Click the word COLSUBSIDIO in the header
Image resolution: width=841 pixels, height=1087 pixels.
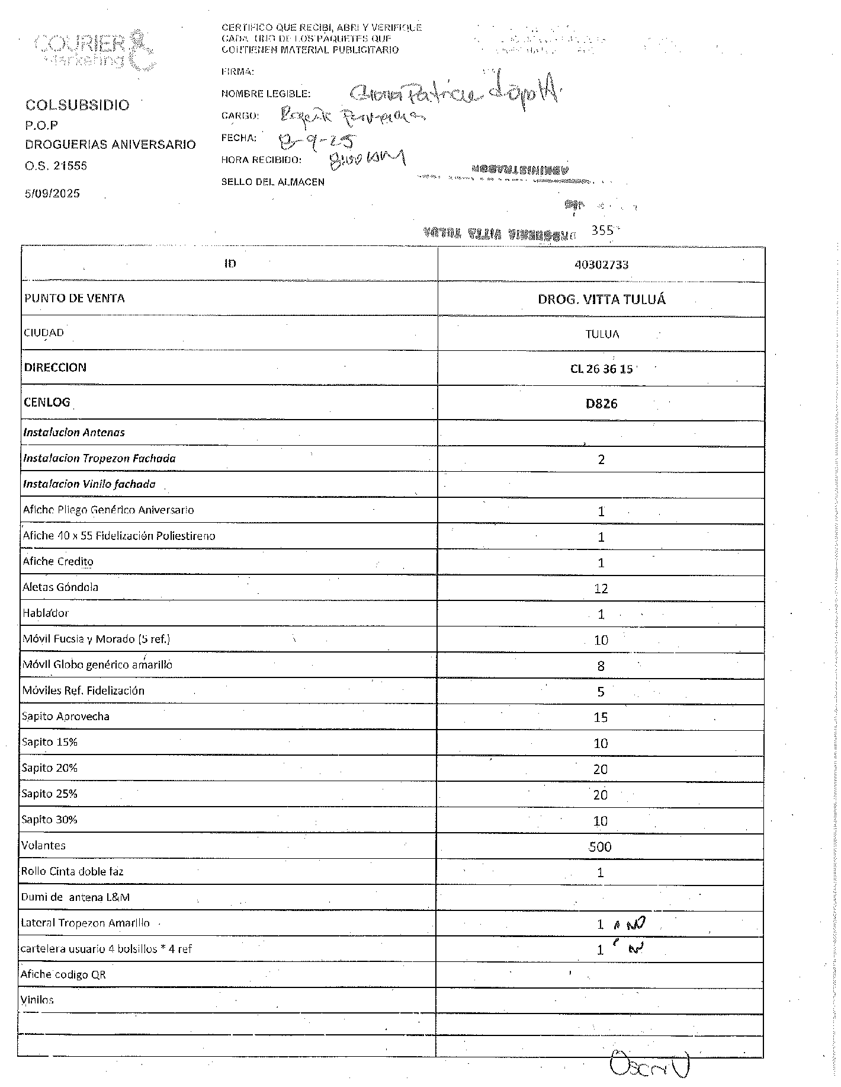coord(77,105)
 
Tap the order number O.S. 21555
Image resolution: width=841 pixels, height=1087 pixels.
coord(56,166)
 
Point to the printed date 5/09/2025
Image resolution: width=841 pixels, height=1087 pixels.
coord(52,194)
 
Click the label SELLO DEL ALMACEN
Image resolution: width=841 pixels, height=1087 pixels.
coord(272,182)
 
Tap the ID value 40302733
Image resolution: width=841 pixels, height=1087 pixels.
coord(601,264)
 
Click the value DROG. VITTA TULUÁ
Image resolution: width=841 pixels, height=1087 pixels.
coord(601,299)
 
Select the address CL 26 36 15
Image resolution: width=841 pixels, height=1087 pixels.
coord(601,369)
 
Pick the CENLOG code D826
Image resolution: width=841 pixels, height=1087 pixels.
coord(601,404)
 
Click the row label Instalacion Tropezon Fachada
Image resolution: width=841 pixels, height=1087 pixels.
coord(99,458)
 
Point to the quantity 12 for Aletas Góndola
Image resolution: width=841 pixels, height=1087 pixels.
coord(601,589)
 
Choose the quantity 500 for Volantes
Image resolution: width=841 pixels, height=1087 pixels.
coord(600,847)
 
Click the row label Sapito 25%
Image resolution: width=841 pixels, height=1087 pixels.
coord(49,794)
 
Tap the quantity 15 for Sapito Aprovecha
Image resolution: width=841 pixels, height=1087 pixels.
coord(601,718)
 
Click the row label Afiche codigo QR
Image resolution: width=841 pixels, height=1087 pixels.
coord(63,974)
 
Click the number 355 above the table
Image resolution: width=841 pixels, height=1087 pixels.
coord(602,230)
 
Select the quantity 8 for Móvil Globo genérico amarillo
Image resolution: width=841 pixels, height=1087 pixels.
coord(601,666)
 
